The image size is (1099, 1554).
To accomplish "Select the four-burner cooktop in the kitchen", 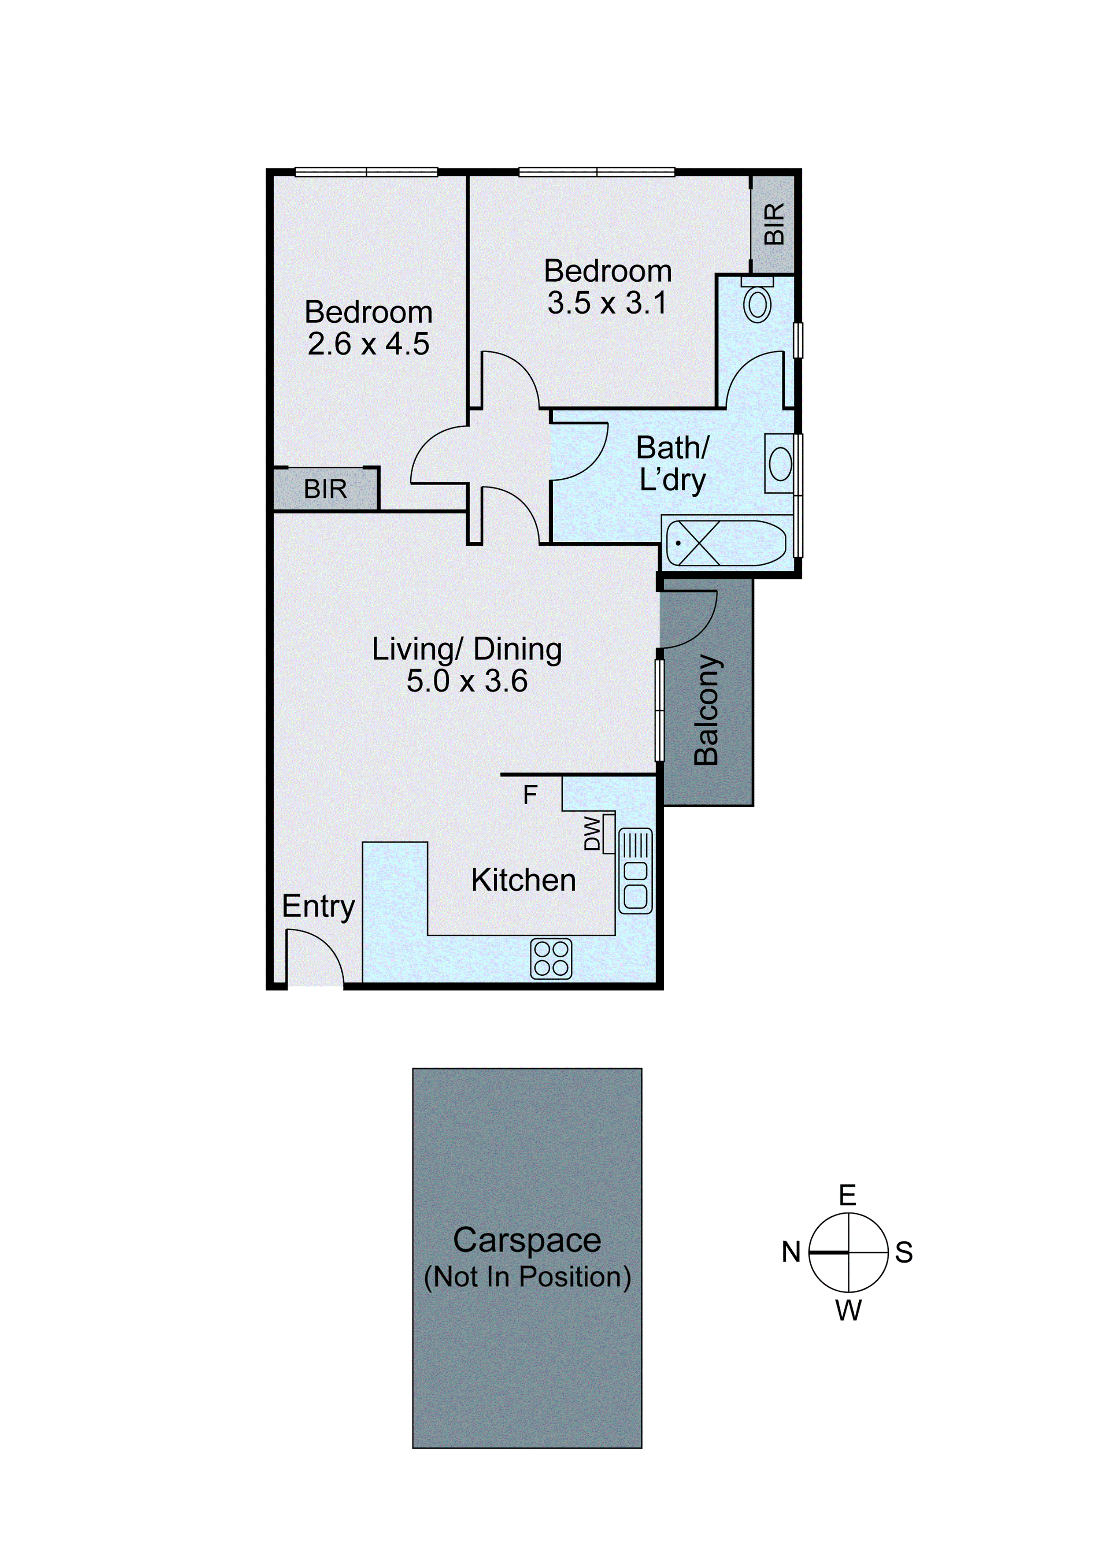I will [x=551, y=958].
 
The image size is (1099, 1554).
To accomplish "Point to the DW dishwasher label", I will [x=592, y=833].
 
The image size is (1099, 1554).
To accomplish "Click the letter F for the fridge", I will [x=530, y=795].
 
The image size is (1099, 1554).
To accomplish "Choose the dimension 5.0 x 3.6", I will [x=467, y=681].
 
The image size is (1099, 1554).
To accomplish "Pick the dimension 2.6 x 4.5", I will [x=369, y=344].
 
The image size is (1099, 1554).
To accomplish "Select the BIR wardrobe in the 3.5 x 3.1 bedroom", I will [x=773, y=223].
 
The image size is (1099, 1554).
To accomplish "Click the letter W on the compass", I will [x=848, y=1311].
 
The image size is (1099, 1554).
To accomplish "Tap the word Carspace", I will [x=527, y=1240].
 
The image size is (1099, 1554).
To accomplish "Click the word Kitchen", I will [x=523, y=880].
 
